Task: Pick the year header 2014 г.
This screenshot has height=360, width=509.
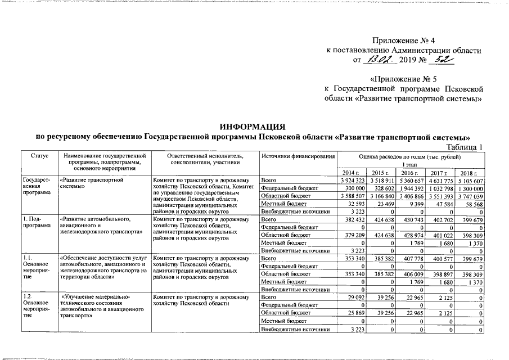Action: [353, 172]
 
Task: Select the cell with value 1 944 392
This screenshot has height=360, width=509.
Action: [412, 188]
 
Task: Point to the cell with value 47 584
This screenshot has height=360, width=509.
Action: [443, 204]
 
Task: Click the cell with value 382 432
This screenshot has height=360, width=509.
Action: [353, 219]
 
